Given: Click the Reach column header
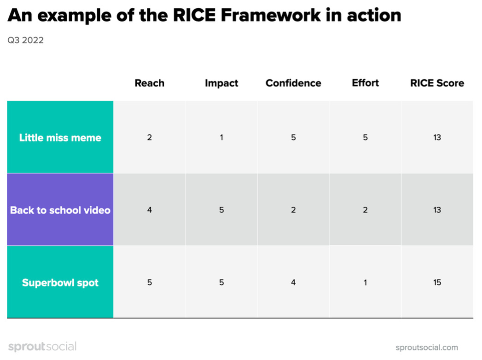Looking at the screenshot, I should (149, 83).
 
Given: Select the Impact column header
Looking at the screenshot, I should (221, 83).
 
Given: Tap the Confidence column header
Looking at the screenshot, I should (293, 83).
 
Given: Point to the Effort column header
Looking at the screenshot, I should (365, 83).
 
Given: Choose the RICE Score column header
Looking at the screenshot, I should (437, 83).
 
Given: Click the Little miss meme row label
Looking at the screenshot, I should (60, 138).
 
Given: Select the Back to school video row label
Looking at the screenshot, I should (60, 210).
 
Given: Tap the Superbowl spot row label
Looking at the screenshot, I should (60, 283).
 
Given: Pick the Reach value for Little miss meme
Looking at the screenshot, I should (149, 138).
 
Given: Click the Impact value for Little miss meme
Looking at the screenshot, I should (221, 138).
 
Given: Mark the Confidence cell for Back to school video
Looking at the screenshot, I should (293, 210).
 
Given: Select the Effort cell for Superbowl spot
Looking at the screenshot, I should (365, 283).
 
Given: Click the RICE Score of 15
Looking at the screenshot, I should (437, 283).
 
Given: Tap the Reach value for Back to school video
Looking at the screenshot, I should (149, 210).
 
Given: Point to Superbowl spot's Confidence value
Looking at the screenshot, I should (293, 283).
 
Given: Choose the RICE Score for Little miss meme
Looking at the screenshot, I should (437, 138).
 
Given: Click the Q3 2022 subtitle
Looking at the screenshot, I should (25, 41).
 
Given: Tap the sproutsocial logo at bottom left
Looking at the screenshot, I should (42, 347).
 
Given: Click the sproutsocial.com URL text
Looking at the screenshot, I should (427, 348).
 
